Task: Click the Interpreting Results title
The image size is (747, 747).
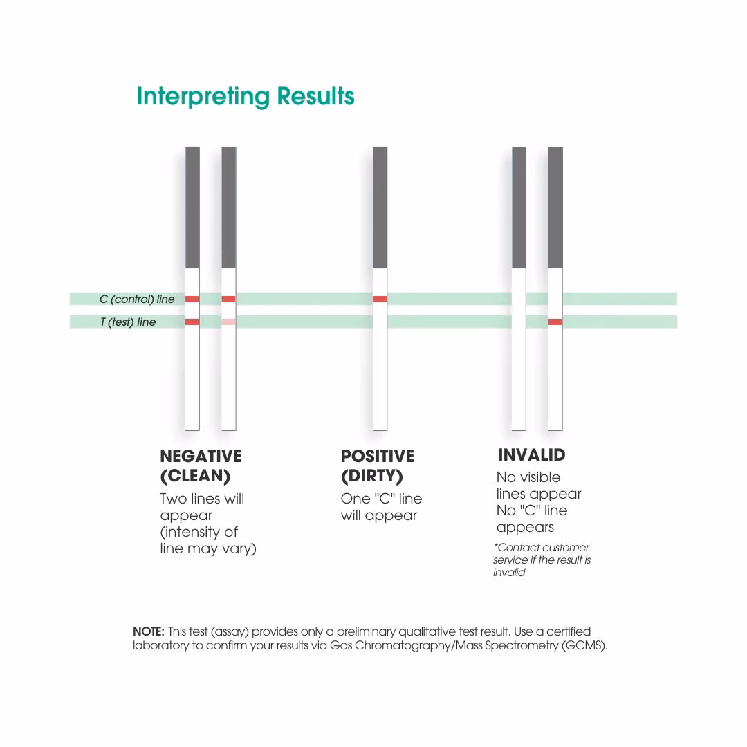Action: [x=246, y=96]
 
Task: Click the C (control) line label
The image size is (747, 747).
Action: [x=137, y=299]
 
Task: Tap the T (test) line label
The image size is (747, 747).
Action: [x=128, y=322]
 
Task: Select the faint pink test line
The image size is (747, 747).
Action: [x=228, y=322]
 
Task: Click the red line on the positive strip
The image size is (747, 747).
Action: [x=380, y=299]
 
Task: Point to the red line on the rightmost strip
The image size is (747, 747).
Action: [x=555, y=322]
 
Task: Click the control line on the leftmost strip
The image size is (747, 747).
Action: [x=192, y=299]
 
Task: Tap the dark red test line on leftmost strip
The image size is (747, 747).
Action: [x=192, y=322]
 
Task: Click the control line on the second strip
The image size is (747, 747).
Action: [x=228, y=299]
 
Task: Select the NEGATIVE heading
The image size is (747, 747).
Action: [x=201, y=456]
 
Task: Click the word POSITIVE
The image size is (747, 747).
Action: [x=377, y=456]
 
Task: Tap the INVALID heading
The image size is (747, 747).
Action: [x=531, y=455]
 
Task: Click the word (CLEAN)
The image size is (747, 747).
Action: [x=195, y=477]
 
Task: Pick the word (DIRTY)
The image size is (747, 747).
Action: [x=371, y=477]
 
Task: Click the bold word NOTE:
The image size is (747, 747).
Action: [x=148, y=631]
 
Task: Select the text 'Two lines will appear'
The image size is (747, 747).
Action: [x=202, y=507]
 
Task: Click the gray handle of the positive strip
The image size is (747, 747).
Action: [x=380, y=207]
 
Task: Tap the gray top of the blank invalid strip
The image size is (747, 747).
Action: [x=519, y=207]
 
